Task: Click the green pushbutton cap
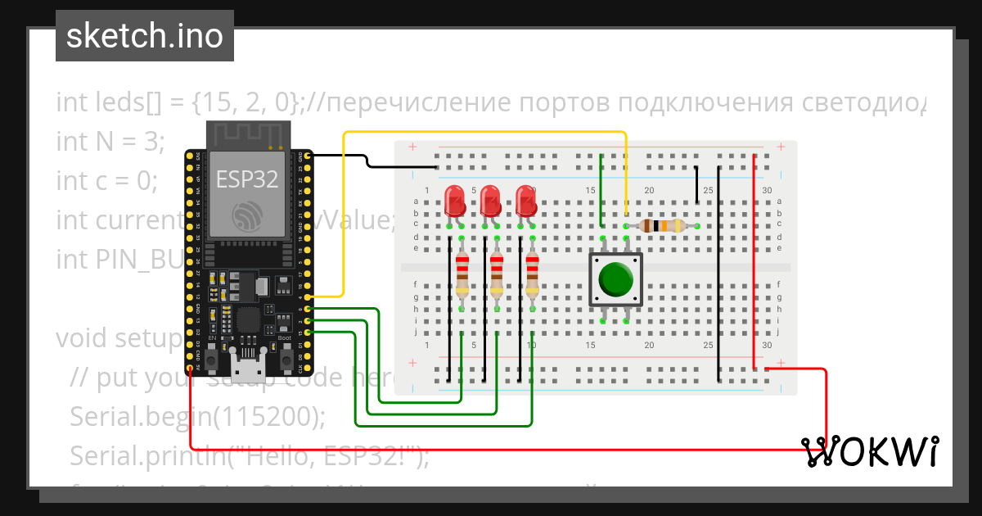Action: (615, 279)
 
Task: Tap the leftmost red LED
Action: (455, 200)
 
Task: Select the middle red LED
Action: (491, 200)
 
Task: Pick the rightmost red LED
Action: (526, 200)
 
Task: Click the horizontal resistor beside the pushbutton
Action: (662, 226)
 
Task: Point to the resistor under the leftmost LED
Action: (462, 274)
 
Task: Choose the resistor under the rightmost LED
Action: (533, 274)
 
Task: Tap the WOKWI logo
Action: (869, 451)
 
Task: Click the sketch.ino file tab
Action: (144, 37)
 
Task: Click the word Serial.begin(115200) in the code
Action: (197, 416)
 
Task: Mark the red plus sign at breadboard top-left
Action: (412, 147)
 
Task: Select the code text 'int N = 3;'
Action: (110, 141)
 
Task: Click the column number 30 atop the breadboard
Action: (766, 191)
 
